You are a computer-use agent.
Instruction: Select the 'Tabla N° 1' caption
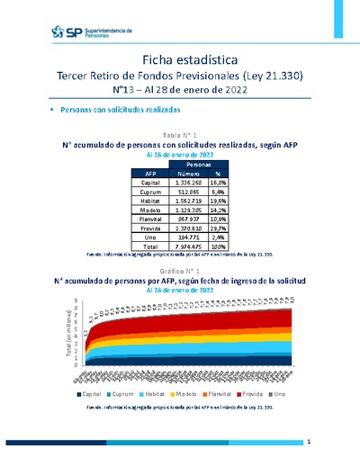(180, 133)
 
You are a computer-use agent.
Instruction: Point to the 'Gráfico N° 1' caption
(180, 271)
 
